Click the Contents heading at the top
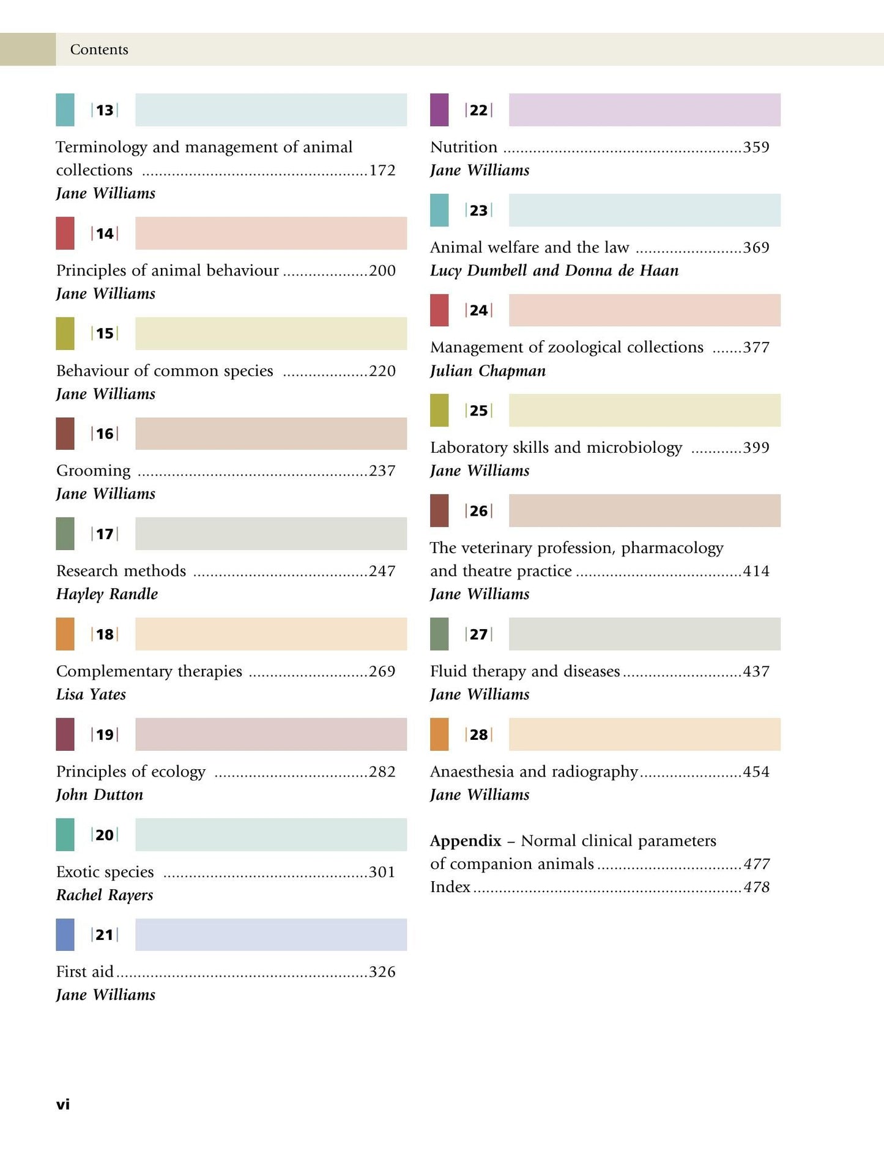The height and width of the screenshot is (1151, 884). click(99, 50)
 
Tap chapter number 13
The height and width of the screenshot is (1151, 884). click(105, 110)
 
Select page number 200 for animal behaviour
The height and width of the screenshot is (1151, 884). click(382, 270)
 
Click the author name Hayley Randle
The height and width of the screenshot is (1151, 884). click(107, 594)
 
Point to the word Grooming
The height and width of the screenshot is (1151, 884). click(93, 471)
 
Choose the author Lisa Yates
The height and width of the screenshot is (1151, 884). click(91, 695)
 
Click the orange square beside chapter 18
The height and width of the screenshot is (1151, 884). click(65, 634)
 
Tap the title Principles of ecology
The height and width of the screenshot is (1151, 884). click(131, 772)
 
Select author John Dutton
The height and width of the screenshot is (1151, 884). click(100, 795)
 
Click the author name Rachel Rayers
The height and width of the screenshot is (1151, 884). click(105, 895)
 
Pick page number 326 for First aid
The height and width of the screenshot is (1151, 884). click(382, 972)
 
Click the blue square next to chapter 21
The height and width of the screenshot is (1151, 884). click(65, 934)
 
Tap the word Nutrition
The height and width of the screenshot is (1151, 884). click(464, 147)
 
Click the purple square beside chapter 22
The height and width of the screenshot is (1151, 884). click(439, 110)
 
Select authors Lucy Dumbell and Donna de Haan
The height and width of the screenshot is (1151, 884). click(554, 270)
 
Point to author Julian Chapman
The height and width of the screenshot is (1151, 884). click(488, 371)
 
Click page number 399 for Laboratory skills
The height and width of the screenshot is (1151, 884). click(756, 448)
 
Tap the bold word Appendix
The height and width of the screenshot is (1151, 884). click(466, 841)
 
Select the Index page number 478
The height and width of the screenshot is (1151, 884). click(757, 887)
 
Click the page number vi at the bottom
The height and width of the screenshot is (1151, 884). click(63, 1104)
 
